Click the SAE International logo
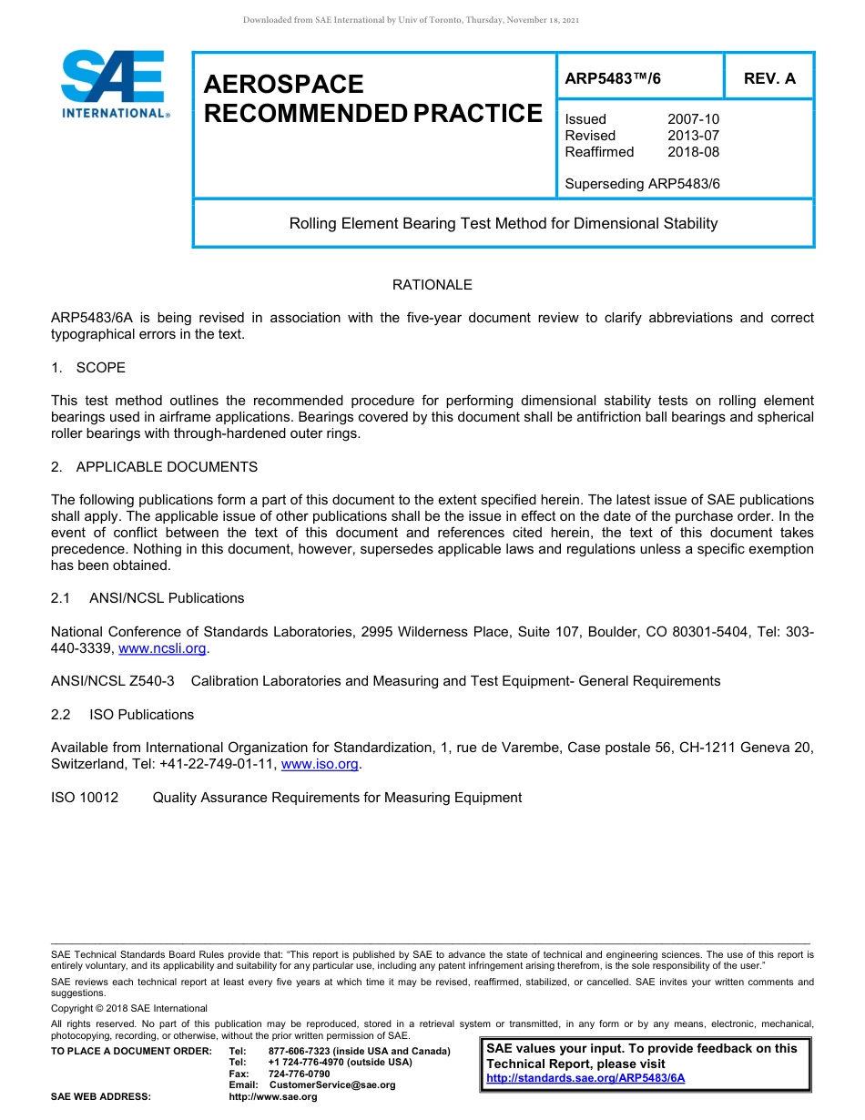pyautogui.click(x=114, y=84)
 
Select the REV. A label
pyautogui.click(x=769, y=78)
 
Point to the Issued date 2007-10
pyautogui.click(x=693, y=119)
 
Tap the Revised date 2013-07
pyautogui.click(x=693, y=136)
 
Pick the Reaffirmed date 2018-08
pyautogui.click(x=693, y=152)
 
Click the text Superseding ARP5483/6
pyautogui.click(x=642, y=184)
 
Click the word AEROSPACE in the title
pyautogui.click(x=283, y=85)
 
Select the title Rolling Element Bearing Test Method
pyautogui.click(x=503, y=223)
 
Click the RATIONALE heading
pyautogui.click(x=432, y=285)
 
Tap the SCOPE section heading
pyautogui.click(x=100, y=368)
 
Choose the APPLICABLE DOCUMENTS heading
pyautogui.click(x=167, y=467)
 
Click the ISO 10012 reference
pyautogui.click(x=85, y=798)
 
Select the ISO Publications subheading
pyautogui.click(x=141, y=715)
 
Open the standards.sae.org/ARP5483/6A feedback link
pyautogui.click(x=585, y=1078)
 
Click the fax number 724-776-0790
pyautogui.click(x=300, y=1074)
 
